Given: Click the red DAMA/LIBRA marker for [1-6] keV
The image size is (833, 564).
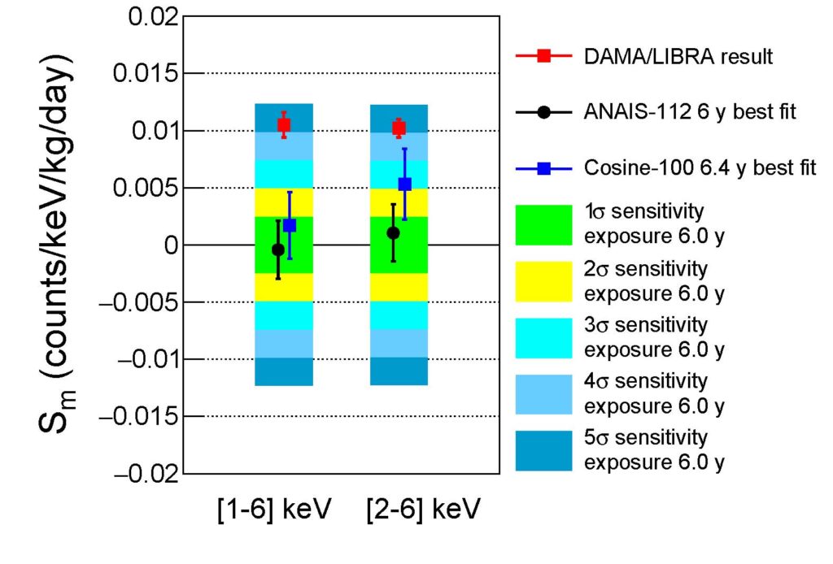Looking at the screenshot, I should pos(284,124).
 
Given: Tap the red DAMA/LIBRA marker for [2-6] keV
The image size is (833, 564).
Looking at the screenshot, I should pos(399,127).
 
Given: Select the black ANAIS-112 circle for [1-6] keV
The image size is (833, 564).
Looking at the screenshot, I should pos(278,249).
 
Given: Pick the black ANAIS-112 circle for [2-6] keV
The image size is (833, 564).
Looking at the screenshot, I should pos(393,233).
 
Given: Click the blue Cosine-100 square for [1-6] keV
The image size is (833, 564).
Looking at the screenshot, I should pos(290,225).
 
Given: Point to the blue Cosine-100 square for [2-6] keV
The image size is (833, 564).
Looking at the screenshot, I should pos(404,184).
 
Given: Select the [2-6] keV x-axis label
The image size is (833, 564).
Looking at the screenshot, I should pos(417,511).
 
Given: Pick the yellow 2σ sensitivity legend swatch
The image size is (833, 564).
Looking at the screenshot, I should pos(543,279).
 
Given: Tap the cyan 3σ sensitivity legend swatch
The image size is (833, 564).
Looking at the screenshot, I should pos(543,336).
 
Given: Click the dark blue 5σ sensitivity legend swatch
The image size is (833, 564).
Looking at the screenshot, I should pos(543,450).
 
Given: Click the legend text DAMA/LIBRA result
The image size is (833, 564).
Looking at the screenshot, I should pos(678,57).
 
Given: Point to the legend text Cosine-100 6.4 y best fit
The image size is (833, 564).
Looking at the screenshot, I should pos(700,168).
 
